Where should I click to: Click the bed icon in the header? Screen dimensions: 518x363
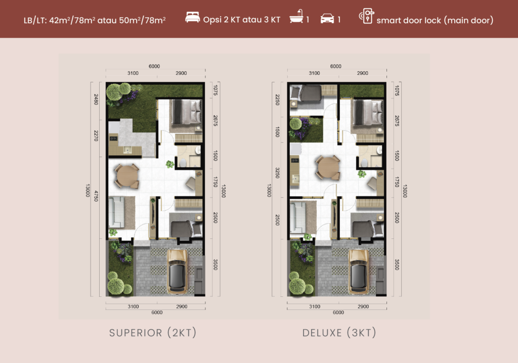(193, 17)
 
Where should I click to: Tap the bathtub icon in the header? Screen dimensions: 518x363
(296, 17)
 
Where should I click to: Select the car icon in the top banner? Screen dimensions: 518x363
(327, 19)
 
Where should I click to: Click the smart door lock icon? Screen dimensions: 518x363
(367, 16)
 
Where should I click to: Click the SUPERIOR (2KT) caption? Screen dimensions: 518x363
(153, 333)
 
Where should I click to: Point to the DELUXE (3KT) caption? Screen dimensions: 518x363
(339, 333)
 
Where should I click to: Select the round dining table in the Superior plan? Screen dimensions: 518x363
(127, 176)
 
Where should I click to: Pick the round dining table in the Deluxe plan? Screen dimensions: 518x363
(328, 168)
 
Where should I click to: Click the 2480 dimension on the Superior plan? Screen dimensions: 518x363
(96, 99)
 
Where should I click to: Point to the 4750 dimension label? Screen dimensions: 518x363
(96, 196)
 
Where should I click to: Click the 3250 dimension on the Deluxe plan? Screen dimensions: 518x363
(277, 173)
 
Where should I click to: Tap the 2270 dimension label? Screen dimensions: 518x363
(96, 135)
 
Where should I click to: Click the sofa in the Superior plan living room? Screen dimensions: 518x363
(116, 212)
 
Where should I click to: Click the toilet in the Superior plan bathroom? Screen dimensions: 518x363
(183, 163)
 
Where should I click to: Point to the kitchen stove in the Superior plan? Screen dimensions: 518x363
(113, 138)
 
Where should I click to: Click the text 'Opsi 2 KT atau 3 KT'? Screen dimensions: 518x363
(241, 20)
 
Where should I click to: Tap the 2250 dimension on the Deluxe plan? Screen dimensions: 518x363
(277, 100)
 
